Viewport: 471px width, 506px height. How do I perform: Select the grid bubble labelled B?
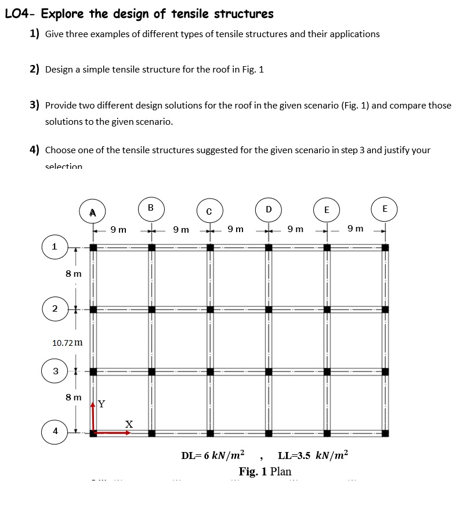tap(151, 208)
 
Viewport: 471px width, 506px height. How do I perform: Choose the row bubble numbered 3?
tap(55, 370)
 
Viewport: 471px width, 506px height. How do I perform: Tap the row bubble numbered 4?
tap(55, 431)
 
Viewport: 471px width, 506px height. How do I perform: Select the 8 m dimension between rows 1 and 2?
tap(73, 273)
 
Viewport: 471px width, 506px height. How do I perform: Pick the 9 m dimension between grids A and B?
tap(118, 230)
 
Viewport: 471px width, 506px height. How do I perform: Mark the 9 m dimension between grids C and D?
tap(236, 230)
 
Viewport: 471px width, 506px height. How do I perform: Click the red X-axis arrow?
tap(114, 432)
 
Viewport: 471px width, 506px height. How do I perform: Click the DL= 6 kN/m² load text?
tap(213, 454)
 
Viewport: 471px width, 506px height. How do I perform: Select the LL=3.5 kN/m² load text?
tap(314, 454)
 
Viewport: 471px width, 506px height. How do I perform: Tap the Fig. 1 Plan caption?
tap(265, 471)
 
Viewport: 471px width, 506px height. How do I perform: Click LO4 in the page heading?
tap(17, 13)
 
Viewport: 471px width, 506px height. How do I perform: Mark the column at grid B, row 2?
tap(151, 309)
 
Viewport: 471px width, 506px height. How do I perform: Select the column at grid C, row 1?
tap(210, 248)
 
